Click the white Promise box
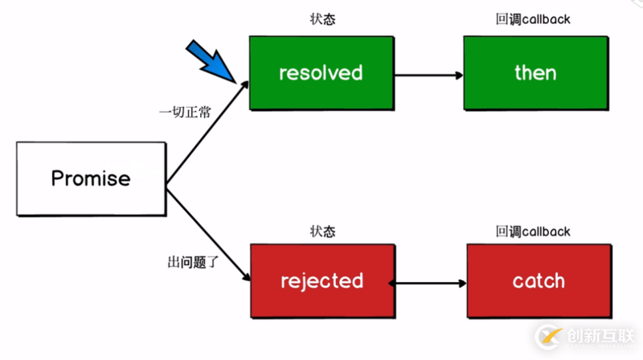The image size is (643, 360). point(91,178)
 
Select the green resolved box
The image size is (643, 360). point(321,73)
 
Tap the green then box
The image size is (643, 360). point(534,73)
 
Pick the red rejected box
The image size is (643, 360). point(321,281)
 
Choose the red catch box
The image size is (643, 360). point(538,281)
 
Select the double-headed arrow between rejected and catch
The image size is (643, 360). point(428,284)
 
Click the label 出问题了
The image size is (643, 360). point(184,262)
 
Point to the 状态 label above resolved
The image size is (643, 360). point(322,18)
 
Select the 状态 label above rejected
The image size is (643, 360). point(322,231)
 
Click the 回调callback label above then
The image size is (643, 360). point(533,18)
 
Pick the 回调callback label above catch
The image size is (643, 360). point(533,231)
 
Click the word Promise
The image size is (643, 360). point(91,178)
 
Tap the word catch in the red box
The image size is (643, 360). point(538,281)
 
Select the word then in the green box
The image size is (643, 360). point(534,73)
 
